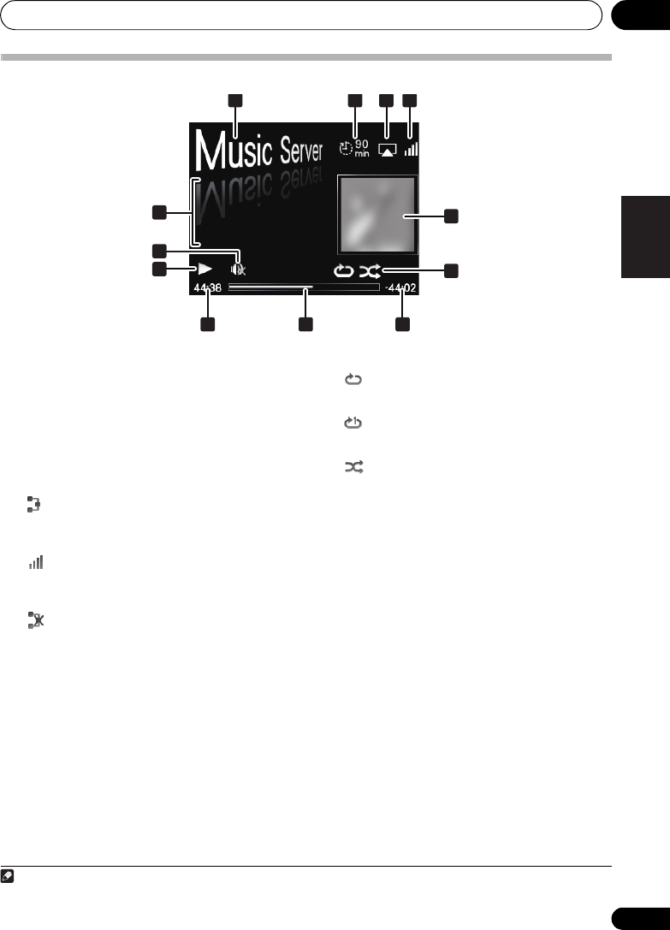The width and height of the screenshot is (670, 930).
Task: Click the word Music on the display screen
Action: click(x=234, y=150)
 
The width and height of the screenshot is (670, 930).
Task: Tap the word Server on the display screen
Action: click(x=301, y=153)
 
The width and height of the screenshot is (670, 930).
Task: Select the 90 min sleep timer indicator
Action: click(x=353, y=148)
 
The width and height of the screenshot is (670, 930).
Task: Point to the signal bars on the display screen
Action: click(x=412, y=150)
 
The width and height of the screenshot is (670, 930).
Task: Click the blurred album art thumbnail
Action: click(x=377, y=216)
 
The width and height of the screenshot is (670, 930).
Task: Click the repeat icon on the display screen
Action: click(x=344, y=271)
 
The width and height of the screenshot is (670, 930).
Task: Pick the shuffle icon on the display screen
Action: click(x=371, y=271)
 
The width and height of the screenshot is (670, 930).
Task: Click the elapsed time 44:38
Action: click(x=207, y=288)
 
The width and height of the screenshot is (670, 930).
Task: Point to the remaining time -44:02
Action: click(x=400, y=288)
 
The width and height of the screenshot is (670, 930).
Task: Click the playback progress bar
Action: click(x=303, y=288)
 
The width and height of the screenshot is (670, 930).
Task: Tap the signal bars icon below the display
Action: click(x=36, y=564)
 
